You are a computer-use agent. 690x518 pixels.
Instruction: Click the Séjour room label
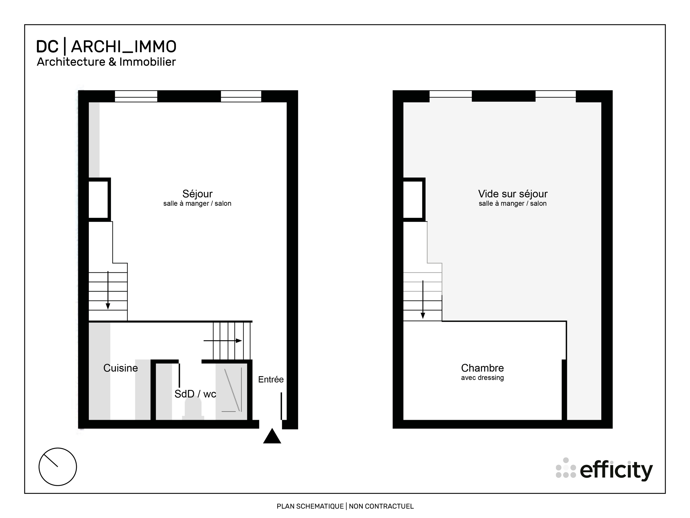coord(197,194)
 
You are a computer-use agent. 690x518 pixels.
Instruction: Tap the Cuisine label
coord(120,368)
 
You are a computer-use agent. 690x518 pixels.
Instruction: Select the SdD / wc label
coord(195,394)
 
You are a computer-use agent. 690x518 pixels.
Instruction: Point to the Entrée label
coord(271,379)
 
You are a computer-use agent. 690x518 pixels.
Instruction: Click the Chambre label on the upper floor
coord(482,368)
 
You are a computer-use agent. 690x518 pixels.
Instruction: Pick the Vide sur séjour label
coord(512,194)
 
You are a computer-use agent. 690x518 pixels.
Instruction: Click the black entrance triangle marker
coord(272,437)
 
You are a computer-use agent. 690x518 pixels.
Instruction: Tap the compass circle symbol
coord(58,467)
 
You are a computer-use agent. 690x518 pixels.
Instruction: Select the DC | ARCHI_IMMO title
coord(106,46)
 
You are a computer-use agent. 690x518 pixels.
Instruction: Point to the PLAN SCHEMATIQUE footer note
coord(345,506)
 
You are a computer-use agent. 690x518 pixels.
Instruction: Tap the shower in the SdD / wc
coord(232,390)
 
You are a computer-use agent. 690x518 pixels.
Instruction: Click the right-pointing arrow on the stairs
coord(223,341)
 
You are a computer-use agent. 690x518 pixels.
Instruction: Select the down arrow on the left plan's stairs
coord(108,290)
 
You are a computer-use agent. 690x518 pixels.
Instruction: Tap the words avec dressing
coord(482,378)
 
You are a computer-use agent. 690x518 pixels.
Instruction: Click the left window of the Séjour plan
coord(136,96)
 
